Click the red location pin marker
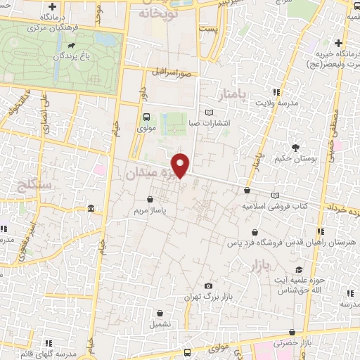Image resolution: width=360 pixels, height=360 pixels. (x=181, y=165)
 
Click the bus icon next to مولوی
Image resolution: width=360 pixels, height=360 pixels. (x=146, y=117)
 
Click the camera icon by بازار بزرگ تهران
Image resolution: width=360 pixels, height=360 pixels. (x=208, y=285)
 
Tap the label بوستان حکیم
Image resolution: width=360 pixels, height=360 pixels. (x=299, y=159)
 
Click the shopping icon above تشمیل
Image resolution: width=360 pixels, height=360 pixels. (x=160, y=314)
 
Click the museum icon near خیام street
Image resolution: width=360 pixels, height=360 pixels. (x=91, y=209)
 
